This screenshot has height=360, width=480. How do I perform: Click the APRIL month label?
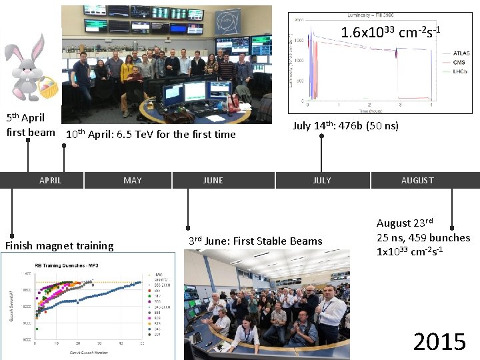pyautogui.click(x=50, y=180)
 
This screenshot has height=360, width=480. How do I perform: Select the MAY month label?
pyautogui.click(x=133, y=180)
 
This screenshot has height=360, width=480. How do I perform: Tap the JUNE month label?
pyautogui.click(x=213, y=180)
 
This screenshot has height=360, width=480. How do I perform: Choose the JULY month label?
pyautogui.click(x=322, y=180)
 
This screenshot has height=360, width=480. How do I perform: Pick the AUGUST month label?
pyautogui.click(x=417, y=180)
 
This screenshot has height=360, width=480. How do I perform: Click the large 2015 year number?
pyautogui.click(x=439, y=342)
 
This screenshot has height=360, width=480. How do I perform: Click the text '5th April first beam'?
pyautogui.click(x=30, y=125)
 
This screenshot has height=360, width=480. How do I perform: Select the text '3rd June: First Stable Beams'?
pyautogui.click(x=255, y=241)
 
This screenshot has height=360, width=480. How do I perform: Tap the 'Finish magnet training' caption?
pyautogui.click(x=59, y=245)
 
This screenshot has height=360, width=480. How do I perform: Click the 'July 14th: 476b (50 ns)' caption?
pyautogui.click(x=346, y=125)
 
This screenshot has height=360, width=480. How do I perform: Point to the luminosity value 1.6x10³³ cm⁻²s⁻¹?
pyautogui.click(x=391, y=32)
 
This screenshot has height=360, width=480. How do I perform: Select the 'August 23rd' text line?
pyautogui.click(x=405, y=223)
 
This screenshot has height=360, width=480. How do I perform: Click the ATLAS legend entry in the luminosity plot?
pyautogui.click(x=461, y=53)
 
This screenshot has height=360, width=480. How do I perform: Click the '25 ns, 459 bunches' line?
pyautogui.click(x=423, y=237)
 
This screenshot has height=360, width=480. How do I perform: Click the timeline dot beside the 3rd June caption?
pyautogui.click(x=189, y=227)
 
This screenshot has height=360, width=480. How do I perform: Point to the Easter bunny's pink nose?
pyautogui.click(x=27, y=66)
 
